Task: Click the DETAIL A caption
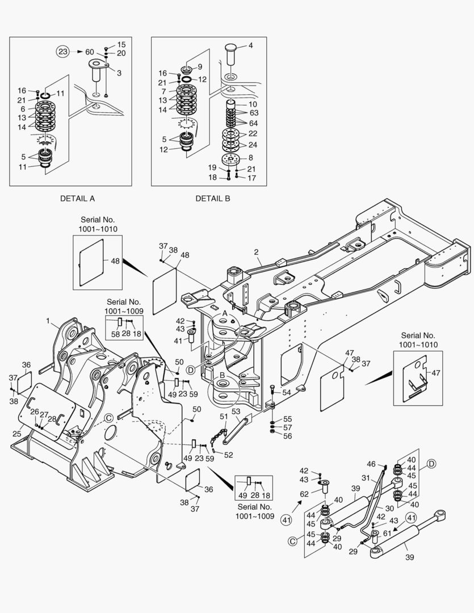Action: [77, 199]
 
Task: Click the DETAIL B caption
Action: [213, 199]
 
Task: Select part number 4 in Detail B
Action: [250, 45]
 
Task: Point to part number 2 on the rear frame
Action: [257, 251]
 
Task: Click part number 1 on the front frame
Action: [49, 321]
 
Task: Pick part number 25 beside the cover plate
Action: [17, 434]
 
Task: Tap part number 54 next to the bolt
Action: [287, 393]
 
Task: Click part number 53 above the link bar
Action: [236, 411]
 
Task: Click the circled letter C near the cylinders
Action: [293, 541]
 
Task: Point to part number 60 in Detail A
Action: [89, 52]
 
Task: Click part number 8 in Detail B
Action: [250, 158]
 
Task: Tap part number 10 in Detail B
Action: [253, 104]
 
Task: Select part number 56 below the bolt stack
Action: [288, 436]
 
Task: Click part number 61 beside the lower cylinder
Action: [388, 533]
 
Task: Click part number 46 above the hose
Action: [371, 464]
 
